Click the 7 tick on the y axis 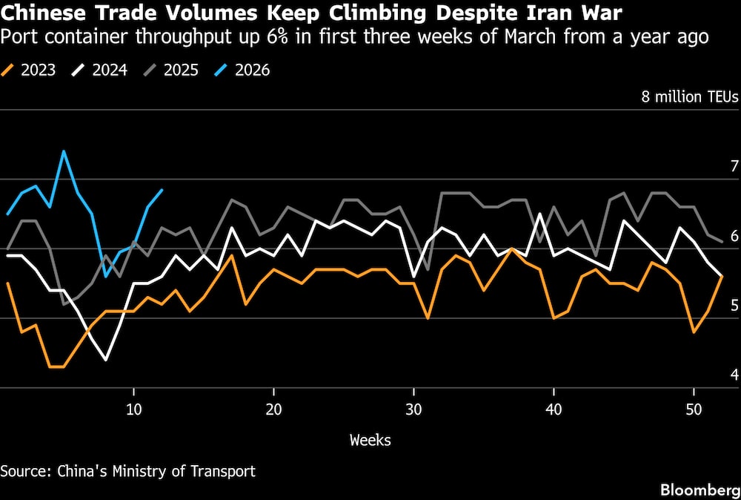[x=734, y=166]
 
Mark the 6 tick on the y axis [x=734, y=236]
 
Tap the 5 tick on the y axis [x=734, y=305]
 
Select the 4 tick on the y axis [x=734, y=375]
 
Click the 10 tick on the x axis [x=133, y=409]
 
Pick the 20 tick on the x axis [x=273, y=409]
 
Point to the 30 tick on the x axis [x=413, y=409]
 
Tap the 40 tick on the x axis [x=554, y=409]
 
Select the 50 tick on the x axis [x=694, y=409]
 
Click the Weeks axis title [x=370, y=440]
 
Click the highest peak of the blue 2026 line [x=64, y=151]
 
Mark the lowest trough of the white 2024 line [x=106, y=360]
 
